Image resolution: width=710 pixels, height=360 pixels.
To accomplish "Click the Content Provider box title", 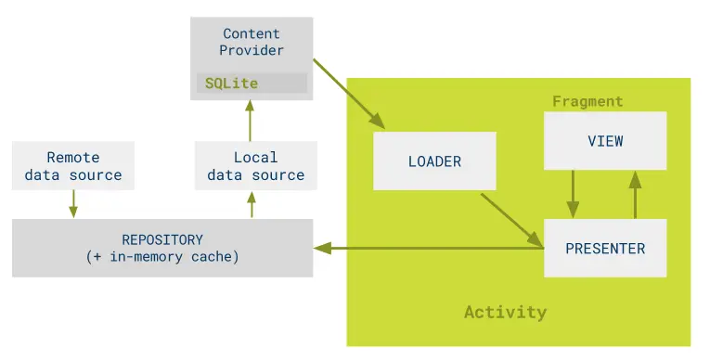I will [252, 42].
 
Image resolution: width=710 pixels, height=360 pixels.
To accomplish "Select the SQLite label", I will [232, 84].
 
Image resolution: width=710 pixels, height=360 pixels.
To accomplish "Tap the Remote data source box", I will [73, 166].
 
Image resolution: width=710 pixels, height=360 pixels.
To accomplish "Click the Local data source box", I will [255, 166].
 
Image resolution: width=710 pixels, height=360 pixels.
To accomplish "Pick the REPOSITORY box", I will [162, 248].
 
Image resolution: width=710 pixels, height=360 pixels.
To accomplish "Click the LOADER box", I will [434, 161].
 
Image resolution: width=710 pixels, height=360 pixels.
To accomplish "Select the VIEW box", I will [605, 141].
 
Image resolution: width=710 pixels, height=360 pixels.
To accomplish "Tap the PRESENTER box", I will [605, 249].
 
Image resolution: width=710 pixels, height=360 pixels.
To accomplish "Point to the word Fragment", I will [587, 101].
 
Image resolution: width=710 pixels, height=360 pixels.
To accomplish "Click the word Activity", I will [505, 312].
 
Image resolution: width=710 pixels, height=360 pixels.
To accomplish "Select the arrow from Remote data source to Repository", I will [73, 204].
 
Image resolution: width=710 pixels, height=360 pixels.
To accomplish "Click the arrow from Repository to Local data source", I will [252, 205].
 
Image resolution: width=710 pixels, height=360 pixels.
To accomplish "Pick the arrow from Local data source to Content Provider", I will [249, 120].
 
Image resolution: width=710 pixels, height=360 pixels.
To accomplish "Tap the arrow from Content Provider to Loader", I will [348, 93].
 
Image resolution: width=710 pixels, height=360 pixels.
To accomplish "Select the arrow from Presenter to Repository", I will [427, 248].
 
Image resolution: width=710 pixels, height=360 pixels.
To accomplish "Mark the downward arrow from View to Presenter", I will [573, 194].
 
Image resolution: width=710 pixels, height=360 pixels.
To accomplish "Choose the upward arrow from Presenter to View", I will [636, 194].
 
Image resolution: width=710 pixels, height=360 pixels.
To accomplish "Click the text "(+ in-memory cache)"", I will [162, 257].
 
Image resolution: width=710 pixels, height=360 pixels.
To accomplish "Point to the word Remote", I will [73, 158].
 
